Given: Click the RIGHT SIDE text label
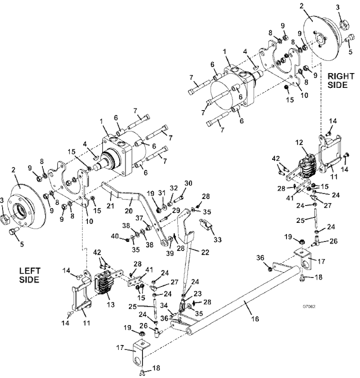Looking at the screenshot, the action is pos(340,80).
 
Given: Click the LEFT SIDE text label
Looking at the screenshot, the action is pos(30,275).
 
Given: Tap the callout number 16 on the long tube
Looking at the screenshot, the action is pos(255,319).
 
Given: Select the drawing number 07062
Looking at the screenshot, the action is pos(309,307).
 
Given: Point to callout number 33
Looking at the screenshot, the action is pos(217,239).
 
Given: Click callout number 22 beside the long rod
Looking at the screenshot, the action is pos(205,252).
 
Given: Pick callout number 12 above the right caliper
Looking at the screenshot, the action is pos(299,142).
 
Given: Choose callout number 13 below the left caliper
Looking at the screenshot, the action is pos(111,304).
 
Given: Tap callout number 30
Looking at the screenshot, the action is pos(188,183).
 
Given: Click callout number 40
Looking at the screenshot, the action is pos(115,236).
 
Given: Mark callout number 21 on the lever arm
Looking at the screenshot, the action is pos(110,199).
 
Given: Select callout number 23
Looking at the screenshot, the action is pos(197,294).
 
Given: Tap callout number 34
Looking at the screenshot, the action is pos(164,306).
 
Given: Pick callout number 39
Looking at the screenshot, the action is pos(170,253).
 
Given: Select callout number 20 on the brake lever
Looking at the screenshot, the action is pos(129,211).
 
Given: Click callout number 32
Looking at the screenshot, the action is pos(174,188).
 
